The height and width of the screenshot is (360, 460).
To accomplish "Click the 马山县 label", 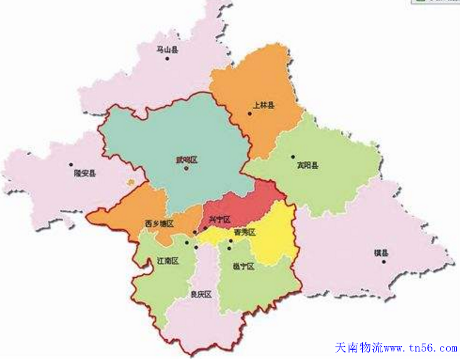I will (167, 49).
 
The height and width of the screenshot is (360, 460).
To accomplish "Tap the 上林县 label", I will (263, 105).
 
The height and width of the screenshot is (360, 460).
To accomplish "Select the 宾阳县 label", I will (307, 166).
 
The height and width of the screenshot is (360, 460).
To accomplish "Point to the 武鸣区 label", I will (186, 160).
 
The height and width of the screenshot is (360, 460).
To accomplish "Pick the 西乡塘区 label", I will (159, 223).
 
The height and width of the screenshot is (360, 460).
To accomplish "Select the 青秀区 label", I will (244, 233).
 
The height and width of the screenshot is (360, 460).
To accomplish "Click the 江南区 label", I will (168, 261).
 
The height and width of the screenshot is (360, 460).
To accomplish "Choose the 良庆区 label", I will (201, 294).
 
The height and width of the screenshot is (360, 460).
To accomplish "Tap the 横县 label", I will (381, 253).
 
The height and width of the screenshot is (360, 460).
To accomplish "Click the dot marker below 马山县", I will (167, 58).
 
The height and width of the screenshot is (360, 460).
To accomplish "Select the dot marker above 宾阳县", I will (293, 157).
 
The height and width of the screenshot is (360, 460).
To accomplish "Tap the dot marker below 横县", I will (383, 262).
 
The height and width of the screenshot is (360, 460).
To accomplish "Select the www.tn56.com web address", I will (419, 348).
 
